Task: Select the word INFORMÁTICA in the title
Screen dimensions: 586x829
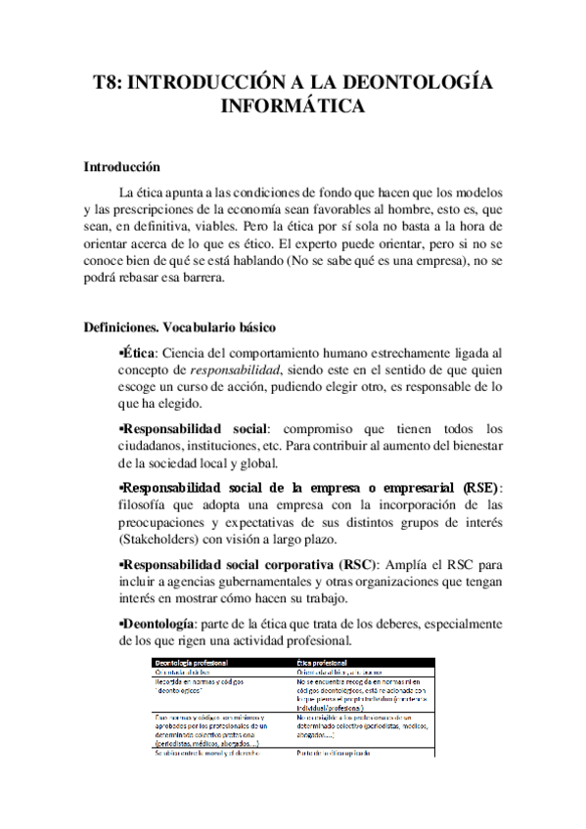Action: point(293,106)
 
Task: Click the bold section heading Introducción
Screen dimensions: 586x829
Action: point(121,168)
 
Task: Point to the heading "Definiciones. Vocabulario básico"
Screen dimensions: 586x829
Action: point(180,327)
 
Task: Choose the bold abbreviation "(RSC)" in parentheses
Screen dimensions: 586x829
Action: point(359,566)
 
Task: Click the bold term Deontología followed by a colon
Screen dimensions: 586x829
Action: point(158,623)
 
